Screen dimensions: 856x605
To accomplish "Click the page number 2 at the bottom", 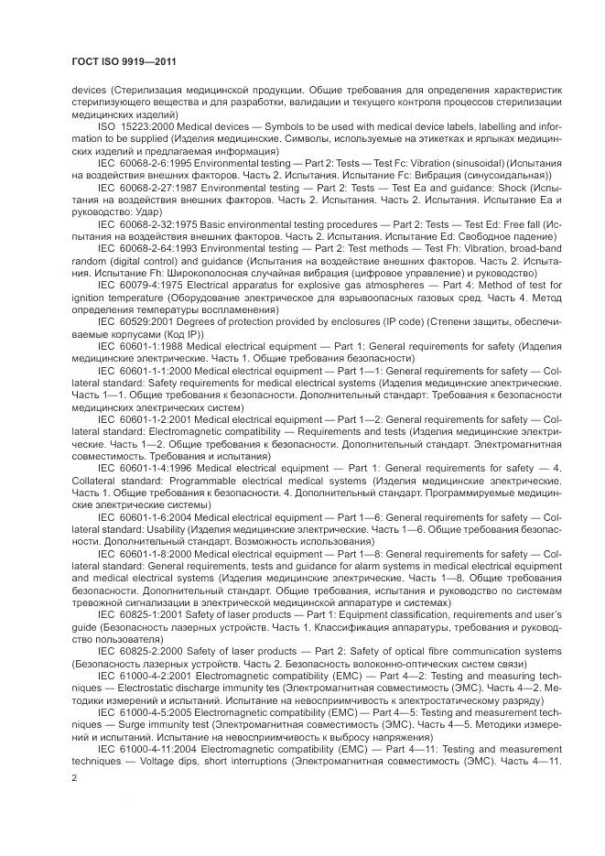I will coord(74,778).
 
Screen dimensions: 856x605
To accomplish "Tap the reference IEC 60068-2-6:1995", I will coord(140,161).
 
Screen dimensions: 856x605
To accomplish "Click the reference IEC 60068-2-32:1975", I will coord(143,224).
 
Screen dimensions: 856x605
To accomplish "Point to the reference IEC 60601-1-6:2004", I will coord(139,516).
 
